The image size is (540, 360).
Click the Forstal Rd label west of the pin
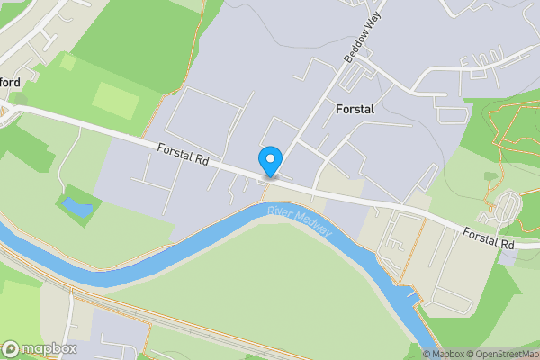click(183, 155)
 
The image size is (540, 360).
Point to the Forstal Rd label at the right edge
click(489, 238)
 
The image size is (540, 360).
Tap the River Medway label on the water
click(300, 222)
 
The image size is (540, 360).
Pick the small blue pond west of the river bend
click(76, 208)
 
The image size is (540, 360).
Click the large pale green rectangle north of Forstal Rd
click(117, 99)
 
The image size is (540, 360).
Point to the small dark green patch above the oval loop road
click(490, 176)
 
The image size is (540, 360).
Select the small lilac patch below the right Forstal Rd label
click(508, 256)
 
